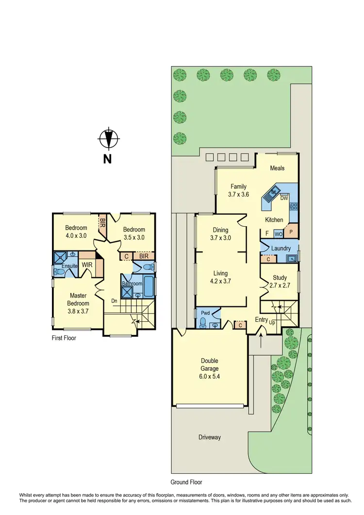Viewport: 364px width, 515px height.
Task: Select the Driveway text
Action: click(x=210, y=437)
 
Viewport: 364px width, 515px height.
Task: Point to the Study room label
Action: click(x=280, y=282)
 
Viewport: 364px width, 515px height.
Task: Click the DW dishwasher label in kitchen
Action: click(x=284, y=198)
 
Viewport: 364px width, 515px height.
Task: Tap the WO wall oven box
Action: click(x=278, y=233)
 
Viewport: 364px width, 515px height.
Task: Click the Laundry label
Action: click(x=281, y=249)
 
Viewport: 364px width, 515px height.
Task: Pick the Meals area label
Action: click(x=277, y=168)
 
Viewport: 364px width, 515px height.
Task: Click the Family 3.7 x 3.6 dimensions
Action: click(x=239, y=194)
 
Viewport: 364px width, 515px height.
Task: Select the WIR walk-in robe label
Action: click(x=87, y=265)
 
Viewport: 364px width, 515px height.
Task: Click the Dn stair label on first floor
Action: click(x=115, y=301)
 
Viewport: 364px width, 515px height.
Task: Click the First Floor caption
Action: click(x=64, y=338)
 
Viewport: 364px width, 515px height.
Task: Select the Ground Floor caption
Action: click(x=186, y=482)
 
